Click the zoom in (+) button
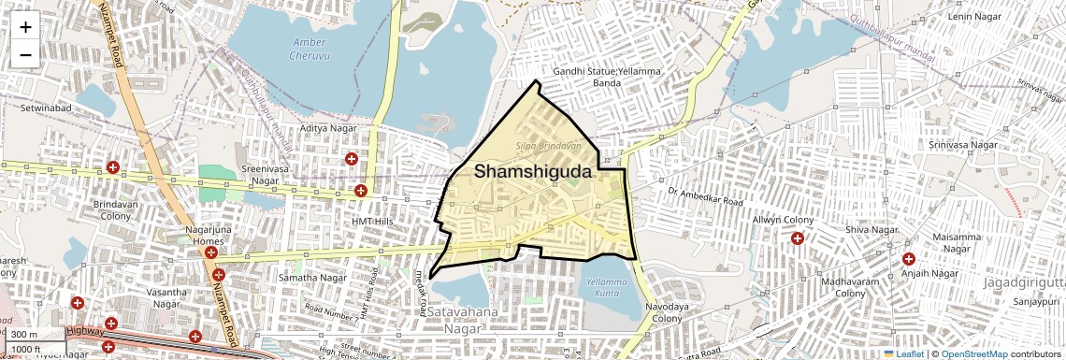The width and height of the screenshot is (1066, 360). coord(25,26)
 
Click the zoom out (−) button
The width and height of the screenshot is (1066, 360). coord(25,54)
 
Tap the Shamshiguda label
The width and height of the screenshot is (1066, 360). coord(533,171)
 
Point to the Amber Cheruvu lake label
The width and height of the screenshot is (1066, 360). coord(310,48)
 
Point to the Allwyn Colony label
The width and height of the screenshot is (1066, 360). coord(784,220)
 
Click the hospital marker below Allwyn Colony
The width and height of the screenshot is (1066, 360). coord(797,238)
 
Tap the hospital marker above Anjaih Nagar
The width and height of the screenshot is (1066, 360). coord(908,258)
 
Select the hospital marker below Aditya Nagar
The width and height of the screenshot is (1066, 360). coord(352,159)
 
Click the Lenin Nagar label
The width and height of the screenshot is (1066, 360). coord(974,17)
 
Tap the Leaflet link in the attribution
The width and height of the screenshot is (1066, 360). coord(905,353)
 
